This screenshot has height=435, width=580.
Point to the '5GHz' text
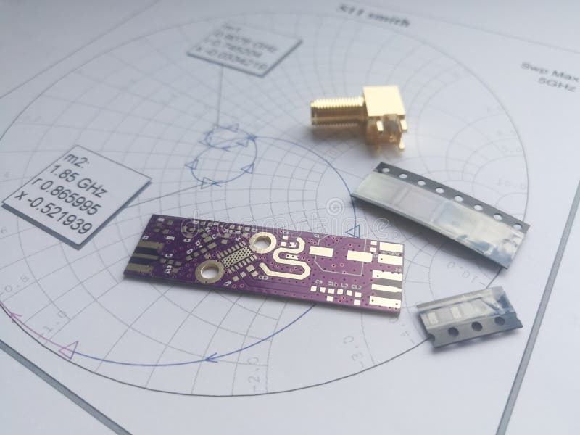tap(547, 83)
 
